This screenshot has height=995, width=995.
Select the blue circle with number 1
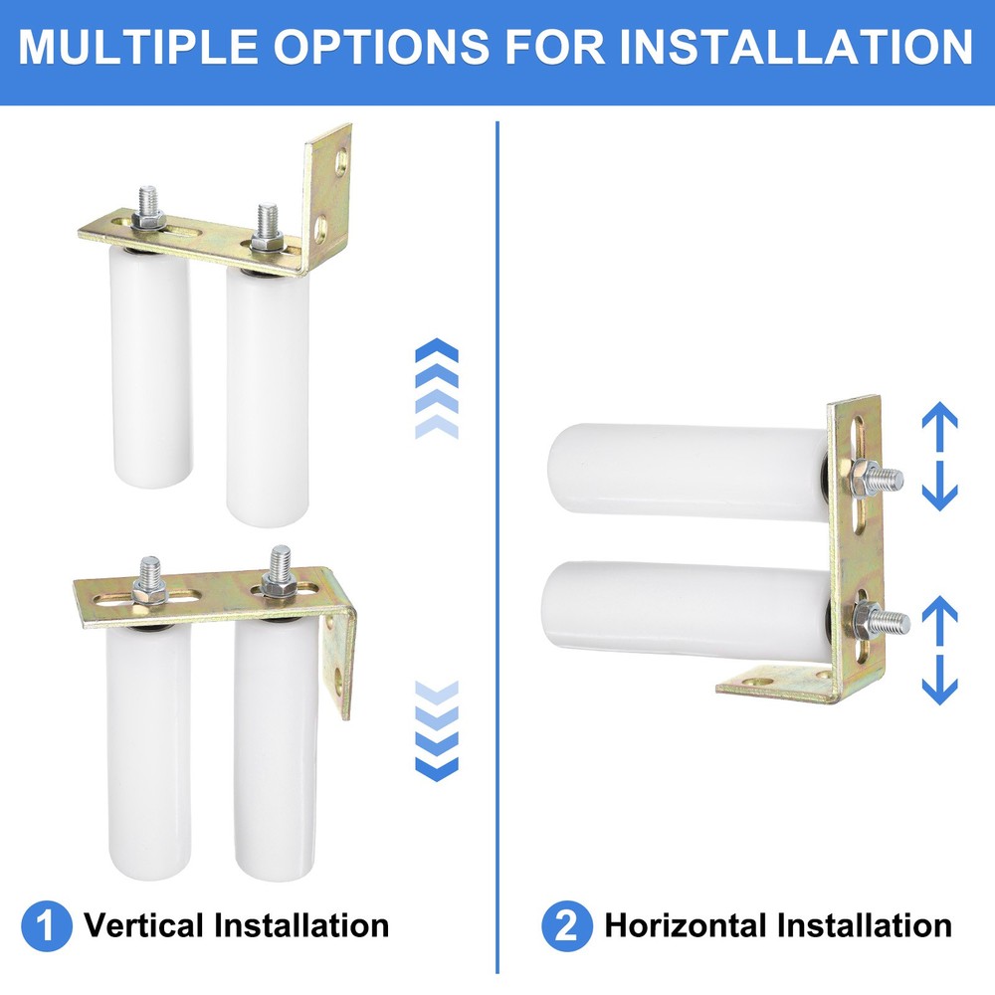(47, 926)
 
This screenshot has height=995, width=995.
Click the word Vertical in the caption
(145, 926)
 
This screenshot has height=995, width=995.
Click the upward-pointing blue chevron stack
(436, 388)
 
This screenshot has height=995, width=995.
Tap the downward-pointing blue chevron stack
(436, 731)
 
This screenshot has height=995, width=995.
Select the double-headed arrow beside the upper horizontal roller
(938, 458)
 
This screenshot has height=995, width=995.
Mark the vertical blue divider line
(497, 547)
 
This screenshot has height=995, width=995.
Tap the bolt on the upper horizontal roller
(881, 480)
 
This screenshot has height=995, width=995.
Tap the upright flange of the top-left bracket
(329, 194)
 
